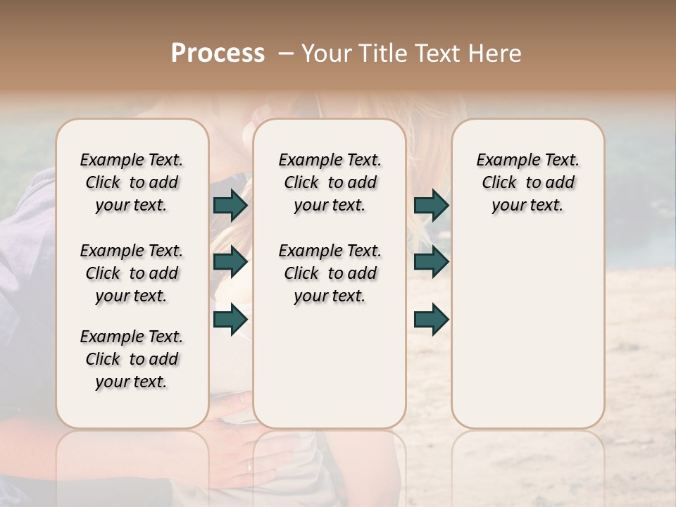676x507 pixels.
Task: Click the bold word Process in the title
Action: click(x=218, y=54)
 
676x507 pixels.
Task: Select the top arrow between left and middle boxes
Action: click(x=230, y=205)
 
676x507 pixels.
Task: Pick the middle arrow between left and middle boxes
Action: click(x=230, y=262)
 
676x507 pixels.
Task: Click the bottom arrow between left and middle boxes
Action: click(x=230, y=319)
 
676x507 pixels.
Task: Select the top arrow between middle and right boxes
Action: click(x=431, y=205)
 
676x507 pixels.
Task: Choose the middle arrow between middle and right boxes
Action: click(x=431, y=262)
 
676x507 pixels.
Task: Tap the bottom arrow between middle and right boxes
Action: click(x=431, y=319)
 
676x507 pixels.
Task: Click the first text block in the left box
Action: click(x=132, y=182)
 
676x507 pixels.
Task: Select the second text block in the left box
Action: click(x=132, y=273)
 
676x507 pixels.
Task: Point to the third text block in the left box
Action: click(x=132, y=359)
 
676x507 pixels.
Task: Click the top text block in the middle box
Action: click(x=330, y=182)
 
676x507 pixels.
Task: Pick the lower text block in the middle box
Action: click(x=330, y=273)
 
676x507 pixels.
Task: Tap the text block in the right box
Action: click(x=527, y=182)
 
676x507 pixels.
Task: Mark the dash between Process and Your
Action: click(x=286, y=54)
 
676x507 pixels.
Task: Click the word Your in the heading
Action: click(x=326, y=54)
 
